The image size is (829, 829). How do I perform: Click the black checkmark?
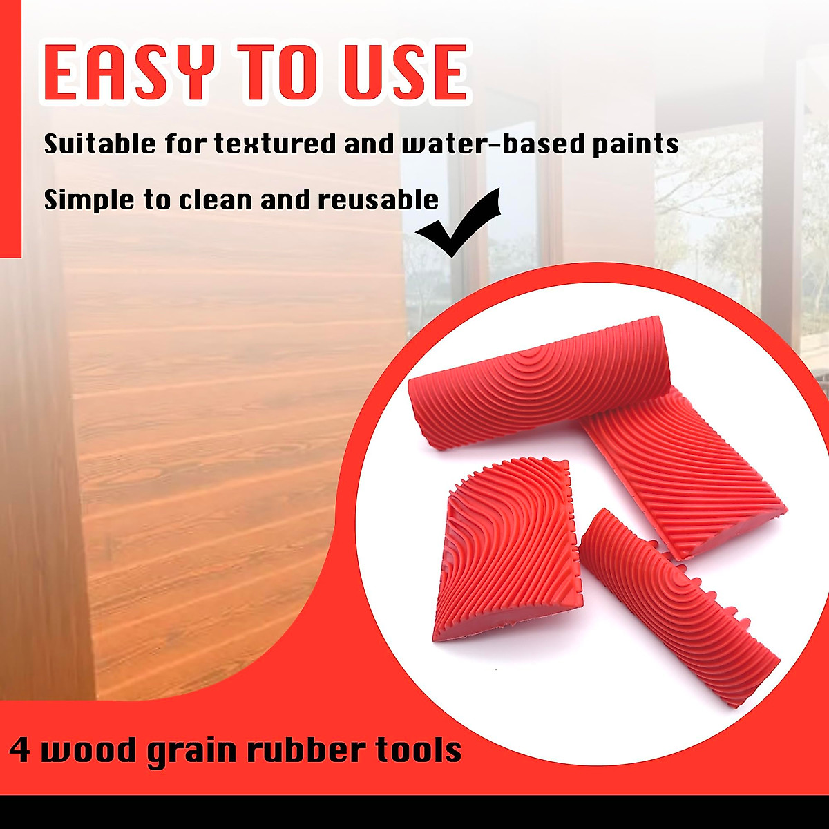(x=459, y=222)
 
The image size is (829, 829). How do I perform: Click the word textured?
(x=275, y=144)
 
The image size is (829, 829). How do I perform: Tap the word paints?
(x=636, y=145)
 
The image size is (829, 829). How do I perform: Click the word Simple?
(x=89, y=200)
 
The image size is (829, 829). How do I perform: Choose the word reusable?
(x=378, y=200)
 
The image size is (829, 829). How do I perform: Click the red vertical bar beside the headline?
(x=10, y=129)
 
